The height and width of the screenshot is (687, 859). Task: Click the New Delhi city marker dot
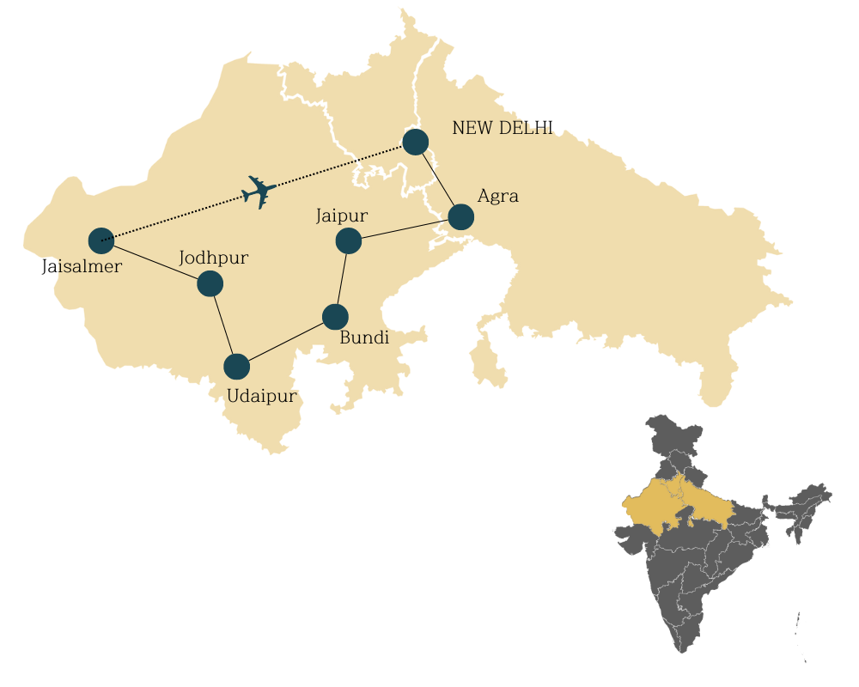pos(416,142)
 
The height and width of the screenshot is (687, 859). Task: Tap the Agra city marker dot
pos(461,217)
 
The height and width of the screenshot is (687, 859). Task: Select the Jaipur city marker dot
pos(348,241)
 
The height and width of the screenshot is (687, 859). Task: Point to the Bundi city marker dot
pos(335,317)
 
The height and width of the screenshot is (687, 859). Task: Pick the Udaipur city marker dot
pos(236,367)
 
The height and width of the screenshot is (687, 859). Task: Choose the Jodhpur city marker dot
pos(210,283)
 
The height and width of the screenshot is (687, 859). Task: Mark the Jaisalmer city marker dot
pos(101,240)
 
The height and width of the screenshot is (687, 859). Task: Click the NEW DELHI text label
pos(503,129)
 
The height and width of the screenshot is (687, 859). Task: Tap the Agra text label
pos(498,196)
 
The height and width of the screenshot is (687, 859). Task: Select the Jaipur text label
pos(342,216)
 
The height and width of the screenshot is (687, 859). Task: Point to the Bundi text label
pos(364,338)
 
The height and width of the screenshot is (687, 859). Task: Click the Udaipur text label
pos(262,396)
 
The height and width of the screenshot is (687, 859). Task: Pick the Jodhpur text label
pos(214,258)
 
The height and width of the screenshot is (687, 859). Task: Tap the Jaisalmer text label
pos(82,267)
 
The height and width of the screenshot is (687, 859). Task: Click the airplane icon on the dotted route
pos(259,192)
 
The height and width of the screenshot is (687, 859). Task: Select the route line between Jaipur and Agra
pos(405,229)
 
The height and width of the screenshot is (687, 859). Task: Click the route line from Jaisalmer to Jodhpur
pos(155,262)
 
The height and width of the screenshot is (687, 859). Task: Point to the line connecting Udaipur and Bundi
pos(286,342)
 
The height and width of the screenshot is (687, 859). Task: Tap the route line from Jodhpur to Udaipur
pos(223,325)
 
